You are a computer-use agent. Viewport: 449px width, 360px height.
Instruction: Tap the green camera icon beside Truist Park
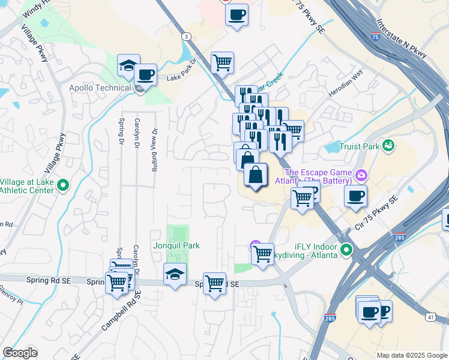coord(388,145)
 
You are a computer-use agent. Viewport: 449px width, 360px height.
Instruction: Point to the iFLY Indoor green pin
coord(346,250)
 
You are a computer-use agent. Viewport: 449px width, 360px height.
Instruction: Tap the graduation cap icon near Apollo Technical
coord(128,66)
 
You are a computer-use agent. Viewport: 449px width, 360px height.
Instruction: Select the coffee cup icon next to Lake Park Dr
coord(145,75)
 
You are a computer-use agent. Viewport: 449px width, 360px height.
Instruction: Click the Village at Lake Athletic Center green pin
coord(64,187)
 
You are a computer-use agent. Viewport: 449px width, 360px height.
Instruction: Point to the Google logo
coord(20,353)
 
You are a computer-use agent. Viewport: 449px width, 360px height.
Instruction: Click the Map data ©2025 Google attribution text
coord(412,355)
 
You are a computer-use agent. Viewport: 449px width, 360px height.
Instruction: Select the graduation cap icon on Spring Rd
coord(175,274)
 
